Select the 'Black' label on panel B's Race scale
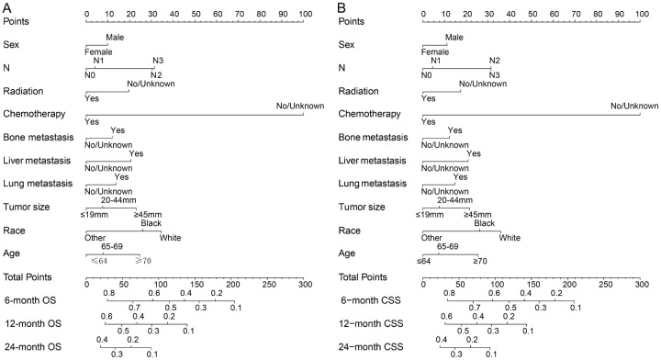pos(485,223)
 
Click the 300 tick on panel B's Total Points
pos(640,280)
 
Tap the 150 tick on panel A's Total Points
pos(195,280)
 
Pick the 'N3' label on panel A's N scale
pos(159,61)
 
